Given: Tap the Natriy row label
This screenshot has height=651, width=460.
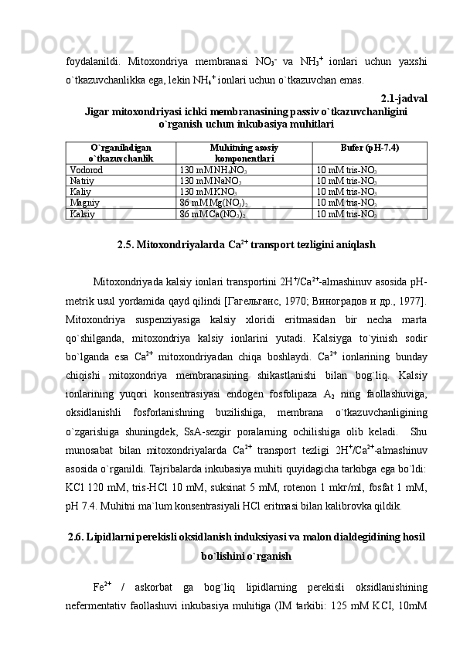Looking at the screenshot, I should (x=82, y=179).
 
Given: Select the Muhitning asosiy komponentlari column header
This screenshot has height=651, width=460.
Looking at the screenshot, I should (x=244, y=152).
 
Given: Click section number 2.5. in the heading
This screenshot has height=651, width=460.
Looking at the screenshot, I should (x=129, y=246).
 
